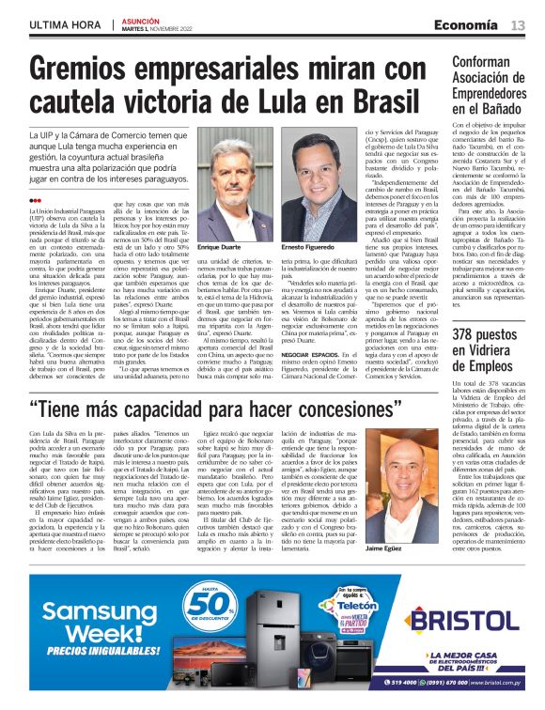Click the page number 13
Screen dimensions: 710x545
click(x=518, y=25)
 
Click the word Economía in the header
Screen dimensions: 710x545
click(x=475, y=25)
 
